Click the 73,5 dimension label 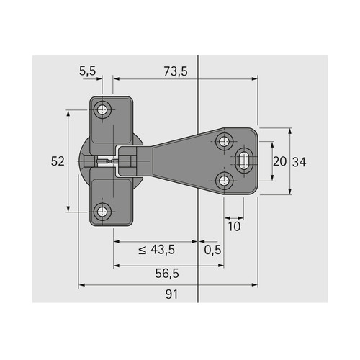176,71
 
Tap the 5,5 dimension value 88,71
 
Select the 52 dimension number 58,161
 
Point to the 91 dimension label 171,294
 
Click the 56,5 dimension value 167,274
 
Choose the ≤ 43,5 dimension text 157,250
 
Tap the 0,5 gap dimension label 212,250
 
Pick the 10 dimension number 234,227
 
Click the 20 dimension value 280,161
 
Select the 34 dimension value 300,162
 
